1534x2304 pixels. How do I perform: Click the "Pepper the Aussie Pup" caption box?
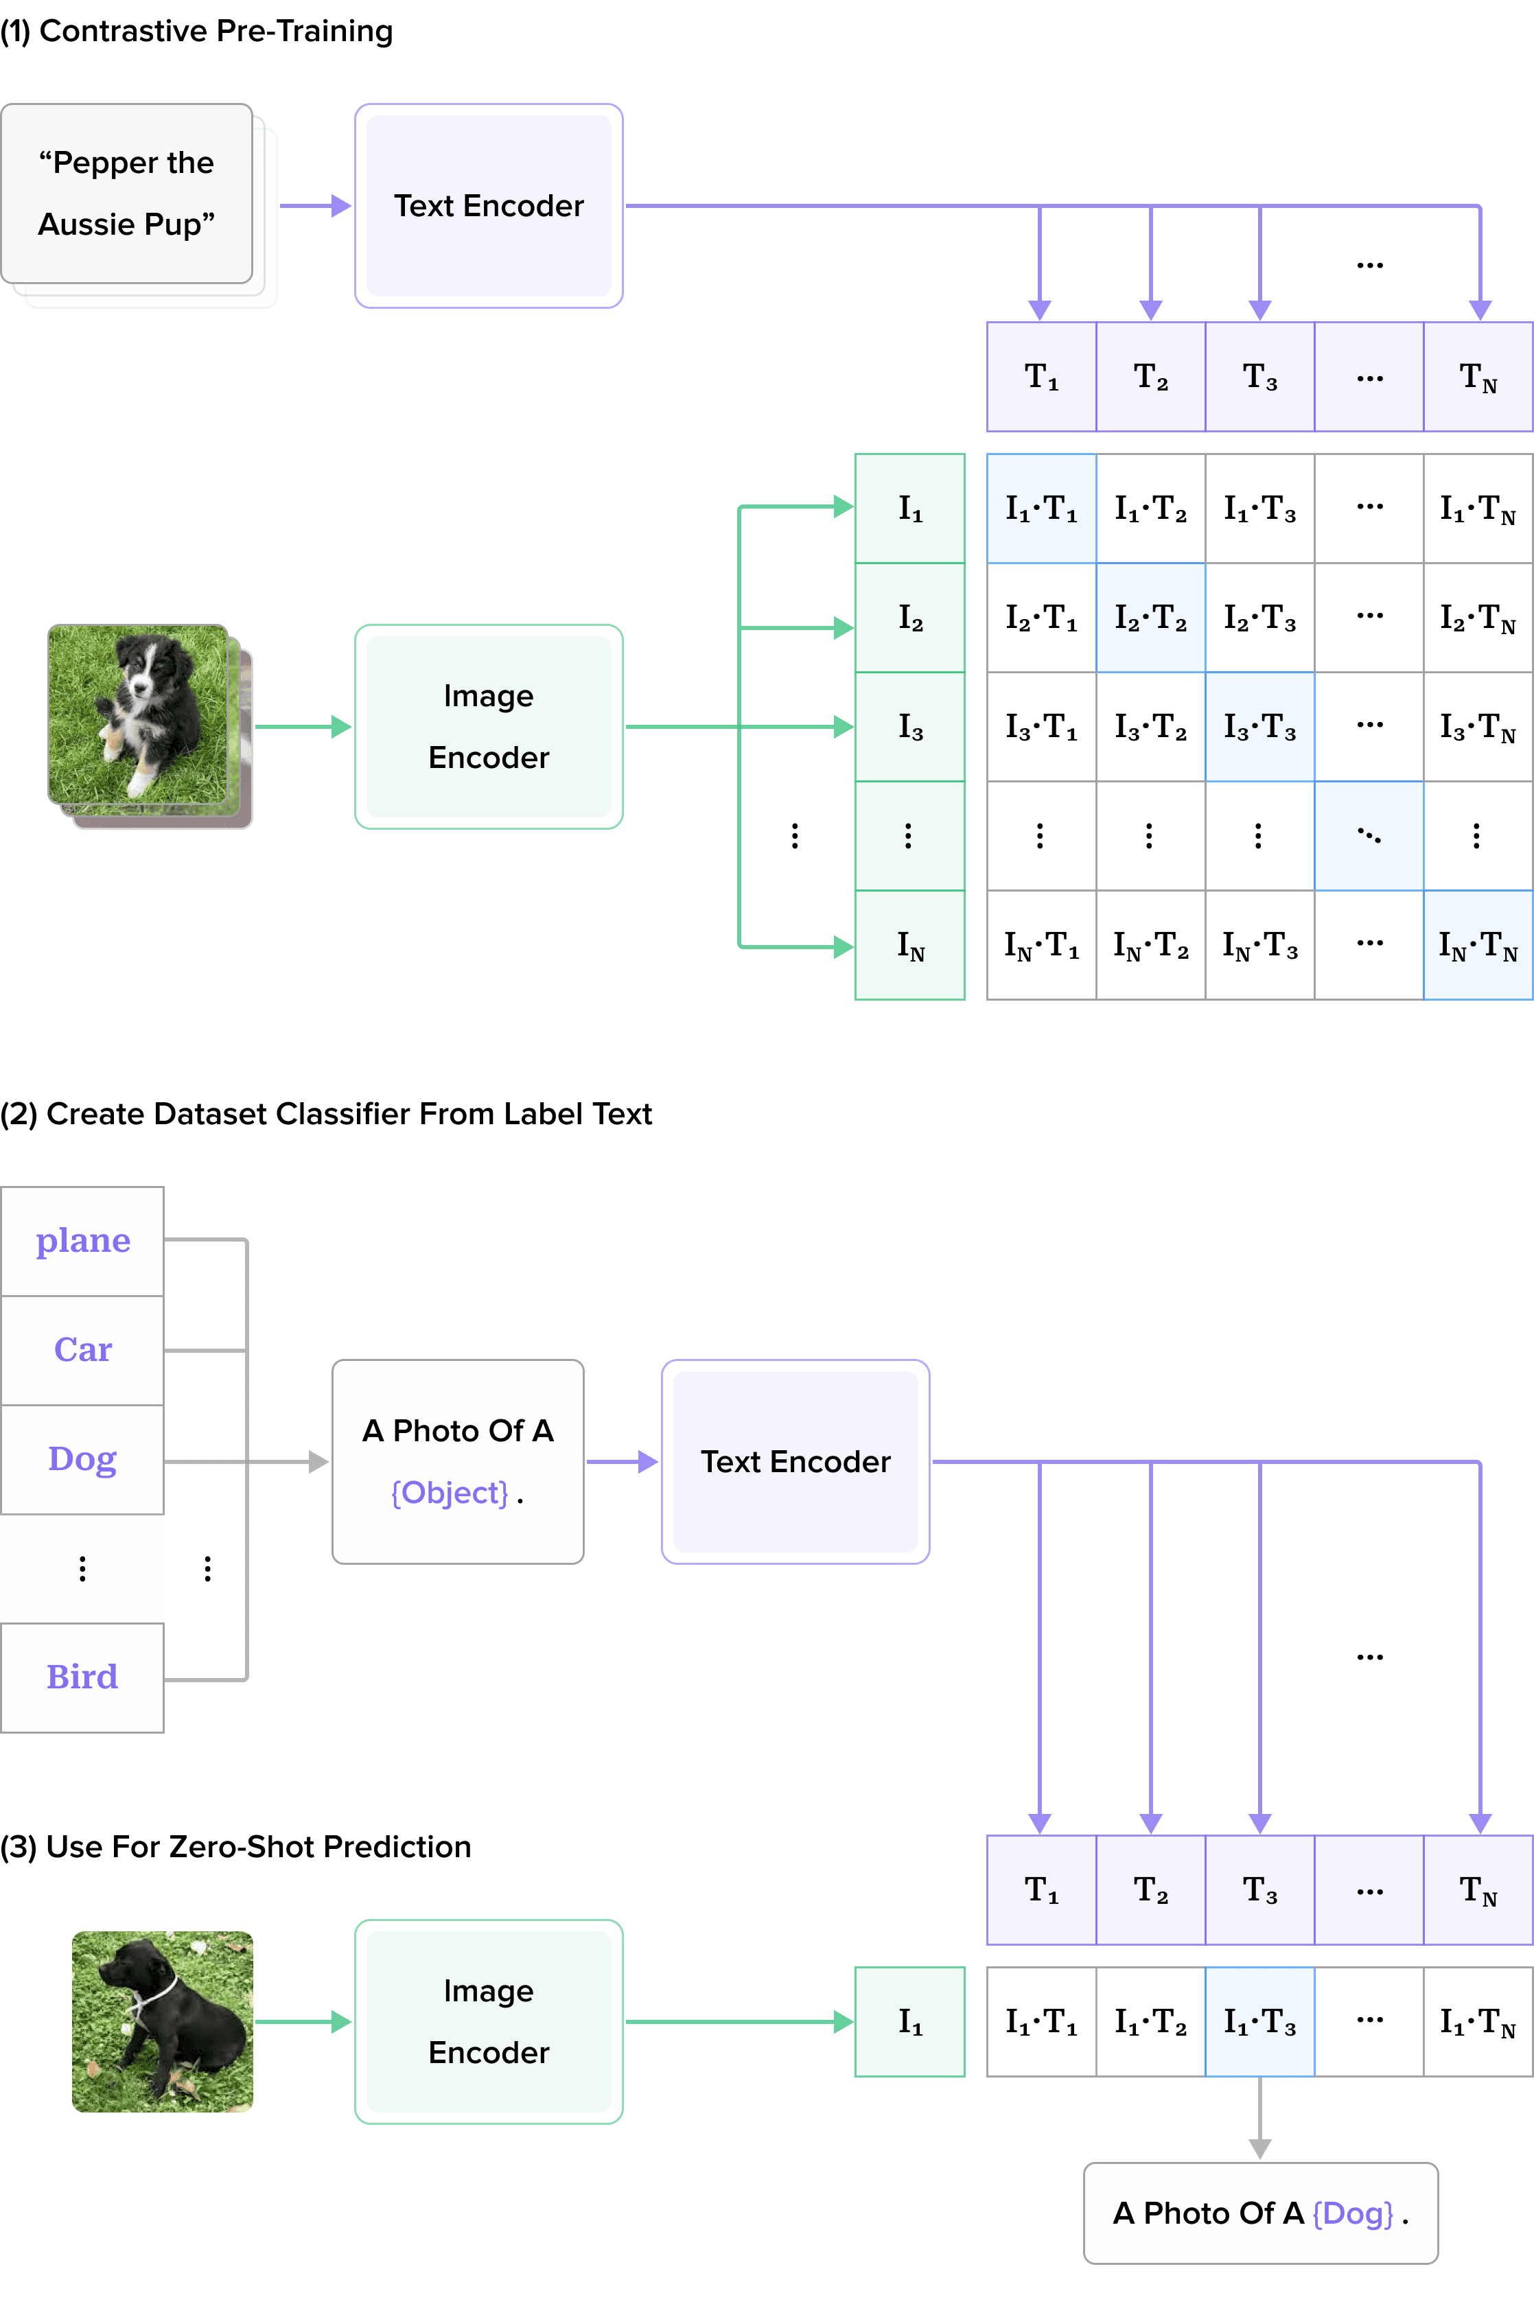click(126, 194)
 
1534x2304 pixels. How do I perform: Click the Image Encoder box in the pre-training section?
click(488, 726)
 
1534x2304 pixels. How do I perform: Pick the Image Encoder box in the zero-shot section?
click(488, 2021)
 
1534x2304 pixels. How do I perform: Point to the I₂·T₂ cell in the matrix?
click(1150, 617)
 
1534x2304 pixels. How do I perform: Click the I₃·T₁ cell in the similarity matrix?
click(1041, 726)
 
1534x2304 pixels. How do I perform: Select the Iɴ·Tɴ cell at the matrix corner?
click(1477, 945)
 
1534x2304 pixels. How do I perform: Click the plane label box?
click(82, 1241)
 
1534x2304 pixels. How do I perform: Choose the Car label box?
click(82, 1350)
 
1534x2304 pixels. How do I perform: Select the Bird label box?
click(82, 1677)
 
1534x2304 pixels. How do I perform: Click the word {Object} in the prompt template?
click(449, 1493)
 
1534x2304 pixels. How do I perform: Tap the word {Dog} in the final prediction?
click(1352, 2213)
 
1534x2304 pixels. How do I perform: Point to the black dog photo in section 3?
click(163, 2021)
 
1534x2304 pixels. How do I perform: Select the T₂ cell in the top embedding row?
click(1150, 377)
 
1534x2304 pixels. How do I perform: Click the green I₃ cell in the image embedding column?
click(910, 726)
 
